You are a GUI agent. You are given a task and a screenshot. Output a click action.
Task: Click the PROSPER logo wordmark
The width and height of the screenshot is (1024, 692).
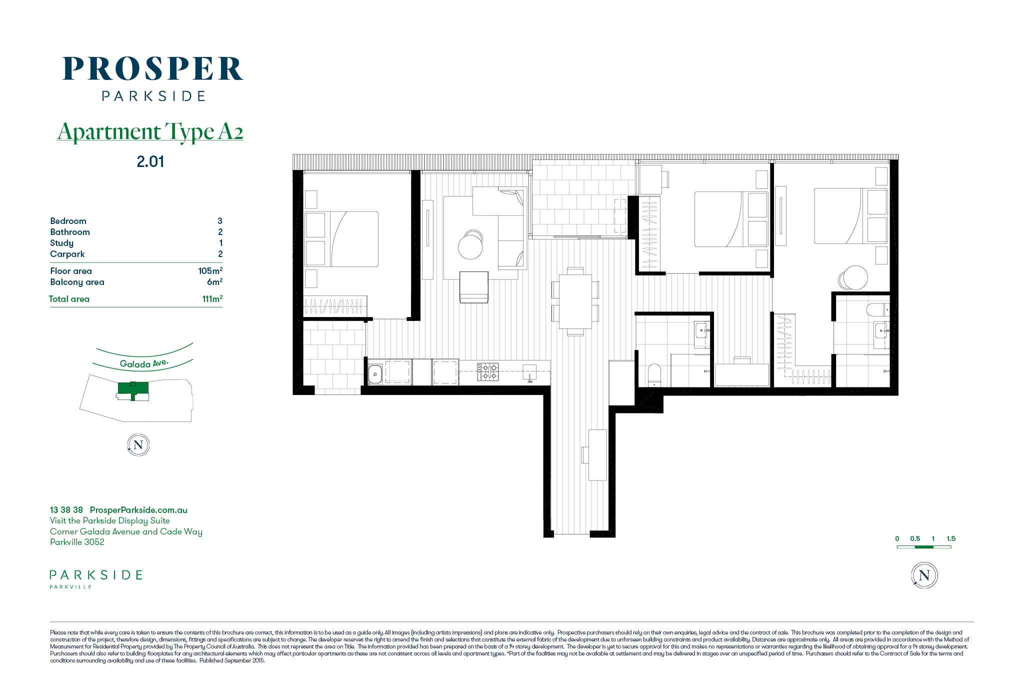[x=152, y=68]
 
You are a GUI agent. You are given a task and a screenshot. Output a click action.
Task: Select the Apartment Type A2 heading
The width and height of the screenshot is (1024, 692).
[x=150, y=131]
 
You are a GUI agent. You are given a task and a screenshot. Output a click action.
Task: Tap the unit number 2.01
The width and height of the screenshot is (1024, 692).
[x=150, y=161]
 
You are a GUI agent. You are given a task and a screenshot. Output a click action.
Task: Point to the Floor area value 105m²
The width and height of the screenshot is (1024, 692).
[x=210, y=270]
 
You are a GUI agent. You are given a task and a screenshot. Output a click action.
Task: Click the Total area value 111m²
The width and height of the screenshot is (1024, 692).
[x=212, y=298]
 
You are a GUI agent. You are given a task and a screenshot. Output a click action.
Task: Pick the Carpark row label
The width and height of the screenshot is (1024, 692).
[x=67, y=254]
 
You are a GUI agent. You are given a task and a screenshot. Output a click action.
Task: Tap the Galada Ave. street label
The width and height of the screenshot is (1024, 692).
[x=144, y=363]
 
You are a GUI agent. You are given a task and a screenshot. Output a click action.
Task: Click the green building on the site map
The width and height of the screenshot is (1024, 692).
[x=133, y=388]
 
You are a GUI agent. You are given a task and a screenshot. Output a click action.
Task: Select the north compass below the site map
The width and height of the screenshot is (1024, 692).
[x=138, y=445]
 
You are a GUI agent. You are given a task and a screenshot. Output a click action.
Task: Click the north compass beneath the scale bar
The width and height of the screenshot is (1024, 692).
[x=924, y=575]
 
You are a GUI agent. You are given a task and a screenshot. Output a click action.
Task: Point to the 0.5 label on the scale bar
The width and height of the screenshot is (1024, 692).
[x=915, y=538]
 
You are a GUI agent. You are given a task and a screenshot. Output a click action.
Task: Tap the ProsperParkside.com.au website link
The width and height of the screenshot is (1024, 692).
[x=138, y=510]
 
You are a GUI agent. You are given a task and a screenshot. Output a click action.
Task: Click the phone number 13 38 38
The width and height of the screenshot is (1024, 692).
[x=66, y=510]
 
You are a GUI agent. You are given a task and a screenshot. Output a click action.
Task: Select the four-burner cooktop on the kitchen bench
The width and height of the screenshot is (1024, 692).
[x=488, y=371]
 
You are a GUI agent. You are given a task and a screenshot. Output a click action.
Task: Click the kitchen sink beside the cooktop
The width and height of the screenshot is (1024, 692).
[x=375, y=374]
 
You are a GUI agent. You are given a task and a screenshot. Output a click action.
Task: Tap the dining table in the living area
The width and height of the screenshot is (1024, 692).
[x=575, y=301]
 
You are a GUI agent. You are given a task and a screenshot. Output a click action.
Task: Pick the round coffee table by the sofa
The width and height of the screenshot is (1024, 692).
[x=470, y=245]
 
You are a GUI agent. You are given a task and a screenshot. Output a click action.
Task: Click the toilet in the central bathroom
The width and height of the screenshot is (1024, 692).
[x=654, y=374]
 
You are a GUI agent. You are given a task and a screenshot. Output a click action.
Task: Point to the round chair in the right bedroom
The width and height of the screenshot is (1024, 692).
[x=853, y=277]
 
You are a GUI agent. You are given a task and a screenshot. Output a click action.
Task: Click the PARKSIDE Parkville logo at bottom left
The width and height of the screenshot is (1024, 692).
[x=96, y=579]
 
